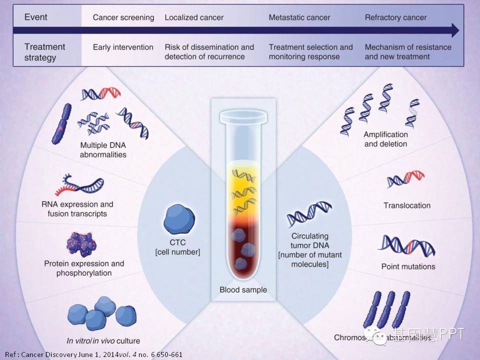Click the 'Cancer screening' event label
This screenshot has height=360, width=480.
[x=123, y=17]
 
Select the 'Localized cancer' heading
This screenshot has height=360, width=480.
[x=194, y=17]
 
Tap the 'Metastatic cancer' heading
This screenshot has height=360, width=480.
[x=299, y=17]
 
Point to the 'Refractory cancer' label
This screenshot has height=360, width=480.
[x=395, y=17]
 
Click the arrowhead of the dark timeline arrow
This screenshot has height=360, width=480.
[x=454, y=31]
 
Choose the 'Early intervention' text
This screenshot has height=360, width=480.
[x=123, y=47]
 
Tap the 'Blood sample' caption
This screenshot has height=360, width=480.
[x=243, y=289]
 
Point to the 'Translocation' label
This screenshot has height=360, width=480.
[x=407, y=205]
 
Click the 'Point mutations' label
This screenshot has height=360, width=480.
[x=408, y=266]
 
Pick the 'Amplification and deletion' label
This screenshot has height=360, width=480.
[x=385, y=139]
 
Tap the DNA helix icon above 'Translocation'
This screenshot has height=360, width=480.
[x=405, y=179]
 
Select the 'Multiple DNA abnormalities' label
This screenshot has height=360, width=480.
[x=103, y=150]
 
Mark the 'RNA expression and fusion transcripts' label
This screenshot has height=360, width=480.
[x=77, y=209]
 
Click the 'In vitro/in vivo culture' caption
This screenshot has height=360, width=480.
[x=103, y=341]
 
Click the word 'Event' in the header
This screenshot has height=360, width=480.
[x=36, y=17]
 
